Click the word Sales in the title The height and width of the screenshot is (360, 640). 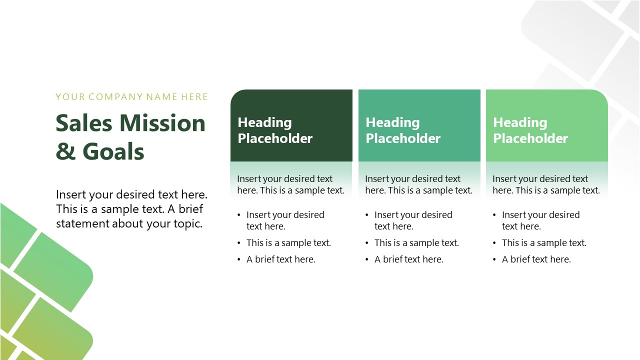84,123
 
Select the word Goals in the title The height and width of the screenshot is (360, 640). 113,151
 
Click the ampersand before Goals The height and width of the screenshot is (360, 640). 65,151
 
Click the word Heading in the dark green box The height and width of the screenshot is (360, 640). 264,122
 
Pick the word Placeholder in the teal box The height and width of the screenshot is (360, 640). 403,138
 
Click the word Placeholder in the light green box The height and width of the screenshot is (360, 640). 530,138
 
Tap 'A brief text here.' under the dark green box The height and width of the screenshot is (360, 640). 281,259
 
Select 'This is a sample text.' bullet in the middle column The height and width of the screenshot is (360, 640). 416,243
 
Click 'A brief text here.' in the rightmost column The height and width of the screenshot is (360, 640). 536,259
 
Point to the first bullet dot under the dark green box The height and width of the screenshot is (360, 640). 239,215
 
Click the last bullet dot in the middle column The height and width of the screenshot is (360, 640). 367,259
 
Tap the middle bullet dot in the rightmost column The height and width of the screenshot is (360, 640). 494,243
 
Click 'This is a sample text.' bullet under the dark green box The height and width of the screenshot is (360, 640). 288,243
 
